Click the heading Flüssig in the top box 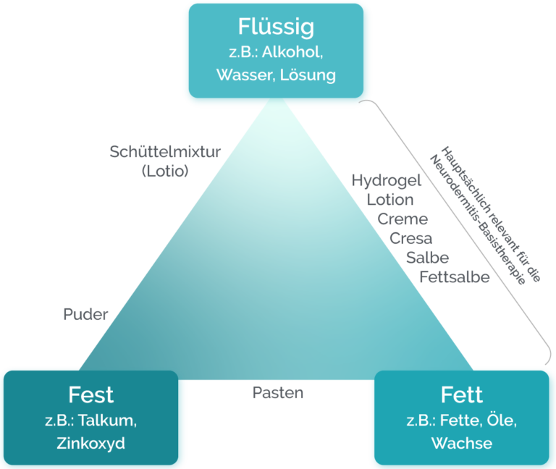[276, 28]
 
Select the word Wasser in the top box [243, 75]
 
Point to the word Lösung [309, 75]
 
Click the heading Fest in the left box [91, 395]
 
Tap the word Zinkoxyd [91, 444]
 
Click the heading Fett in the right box [461, 395]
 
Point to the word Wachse [461, 444]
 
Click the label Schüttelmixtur [165, 152]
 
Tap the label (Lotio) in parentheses [165, 172]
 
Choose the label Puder [85, 314]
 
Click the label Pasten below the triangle [278, 393]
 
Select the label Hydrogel [387, 181]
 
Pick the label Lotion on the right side [390, 200]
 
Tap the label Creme [403, 219]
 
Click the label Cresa [411, 238]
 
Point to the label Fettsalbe [455, 276]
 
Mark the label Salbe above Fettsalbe [427, 258]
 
